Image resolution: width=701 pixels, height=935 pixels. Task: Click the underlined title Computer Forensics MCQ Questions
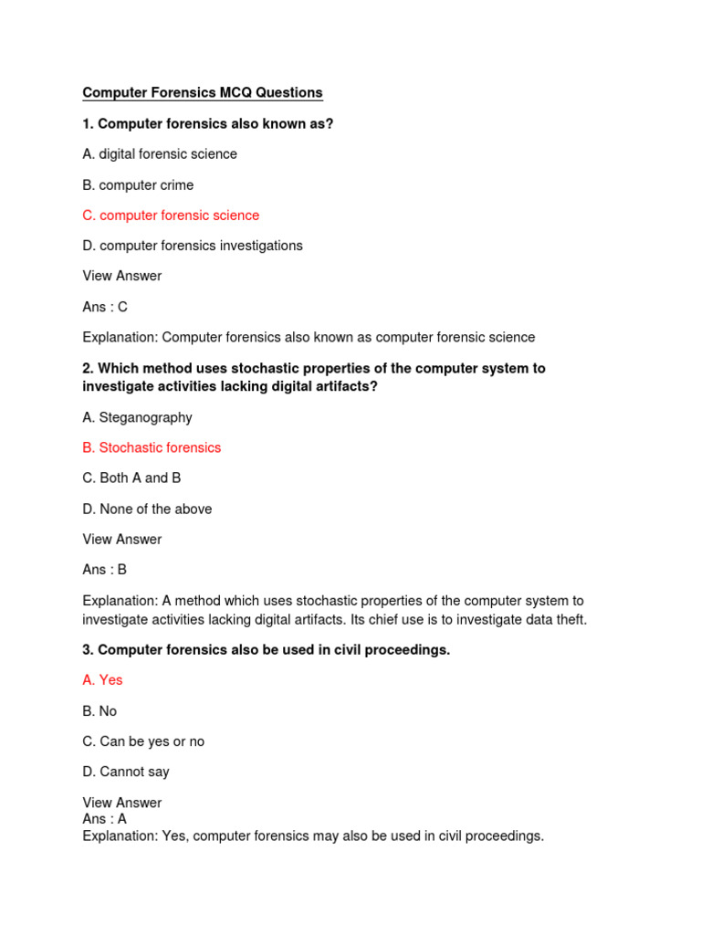pyautogui.click(x=203, y=93)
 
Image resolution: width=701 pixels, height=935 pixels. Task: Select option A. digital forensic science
pyautogui.click(x=160, y=154)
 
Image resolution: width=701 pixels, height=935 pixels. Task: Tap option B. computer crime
pyautogui.click(x=138, y=185)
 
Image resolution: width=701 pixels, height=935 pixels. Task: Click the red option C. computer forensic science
pyautogui.click(x=171, y=215)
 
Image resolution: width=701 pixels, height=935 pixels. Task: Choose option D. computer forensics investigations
pyautogui.click(x=193, y=246)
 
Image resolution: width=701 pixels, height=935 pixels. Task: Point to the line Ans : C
pyautogui.click(x=105, y=307)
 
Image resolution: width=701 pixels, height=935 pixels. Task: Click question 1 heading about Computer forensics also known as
pyautogui.click(x=208, y=123)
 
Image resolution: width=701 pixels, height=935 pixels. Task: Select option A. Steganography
pyautogui.click(x=137, y=417)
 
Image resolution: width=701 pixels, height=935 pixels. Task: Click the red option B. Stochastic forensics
pyautogui.click(x=152, y=447)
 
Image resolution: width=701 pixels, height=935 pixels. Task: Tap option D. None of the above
pyautogui.click(x=147, y=509)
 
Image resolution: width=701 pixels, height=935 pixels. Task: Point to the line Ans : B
pyautogui.click(x=105, y=570)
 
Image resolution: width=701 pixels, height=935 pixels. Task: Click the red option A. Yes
pyautogui.click(x=102, y=680)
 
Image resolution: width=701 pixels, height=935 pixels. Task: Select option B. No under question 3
pyautogui.click(x=99, y=711)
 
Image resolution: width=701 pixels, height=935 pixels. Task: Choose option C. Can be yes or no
pyautogui.click(x=143, y=741)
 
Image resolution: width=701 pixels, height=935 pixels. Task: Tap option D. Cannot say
pyautogui.click(x=126, y=772)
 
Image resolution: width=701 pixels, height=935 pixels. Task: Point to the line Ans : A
pyautogui.click(x=105, y=819)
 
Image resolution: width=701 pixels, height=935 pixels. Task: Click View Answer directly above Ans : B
pyautogui.click(x=121, y=540)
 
